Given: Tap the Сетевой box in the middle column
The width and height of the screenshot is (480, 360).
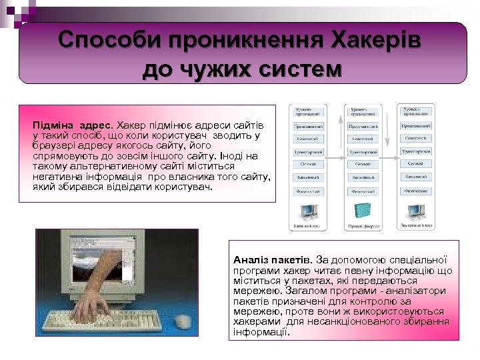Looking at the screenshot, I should tap(363, 164).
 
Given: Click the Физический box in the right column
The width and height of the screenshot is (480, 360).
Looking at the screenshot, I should tap(417, 190).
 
